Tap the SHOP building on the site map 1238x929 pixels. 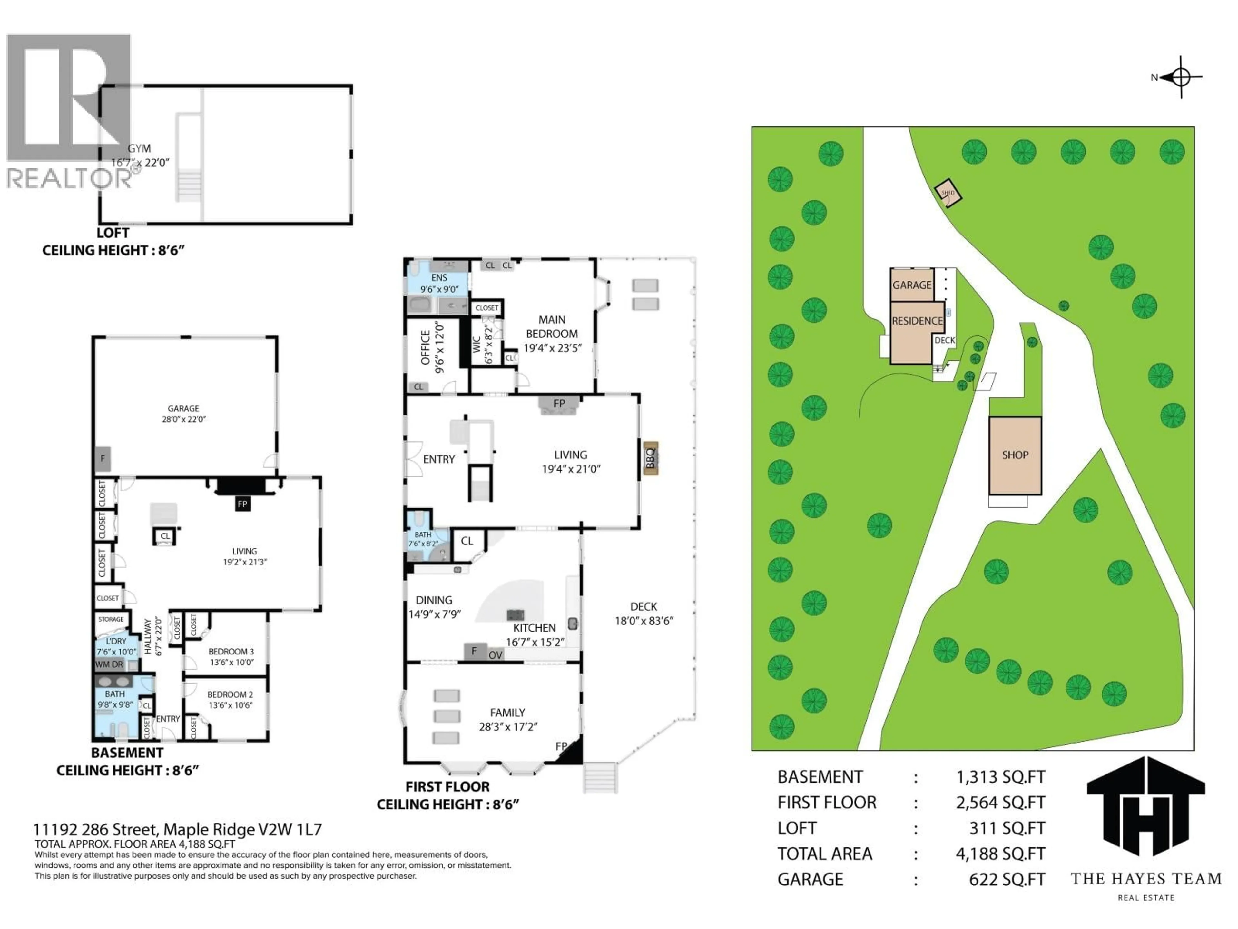(1015, 455)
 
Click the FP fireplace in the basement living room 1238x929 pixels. (242, 504)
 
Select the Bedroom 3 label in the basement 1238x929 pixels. (231, 652)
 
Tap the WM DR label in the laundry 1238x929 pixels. (109, 665)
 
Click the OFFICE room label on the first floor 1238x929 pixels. (425, 347)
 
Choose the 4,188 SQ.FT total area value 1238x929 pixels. (1000, 854)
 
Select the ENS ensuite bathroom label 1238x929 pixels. (439, 278)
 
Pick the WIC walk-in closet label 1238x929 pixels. (476, 344)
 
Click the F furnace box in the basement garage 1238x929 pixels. (103, 459)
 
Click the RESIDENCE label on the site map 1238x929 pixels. (917, 321)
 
